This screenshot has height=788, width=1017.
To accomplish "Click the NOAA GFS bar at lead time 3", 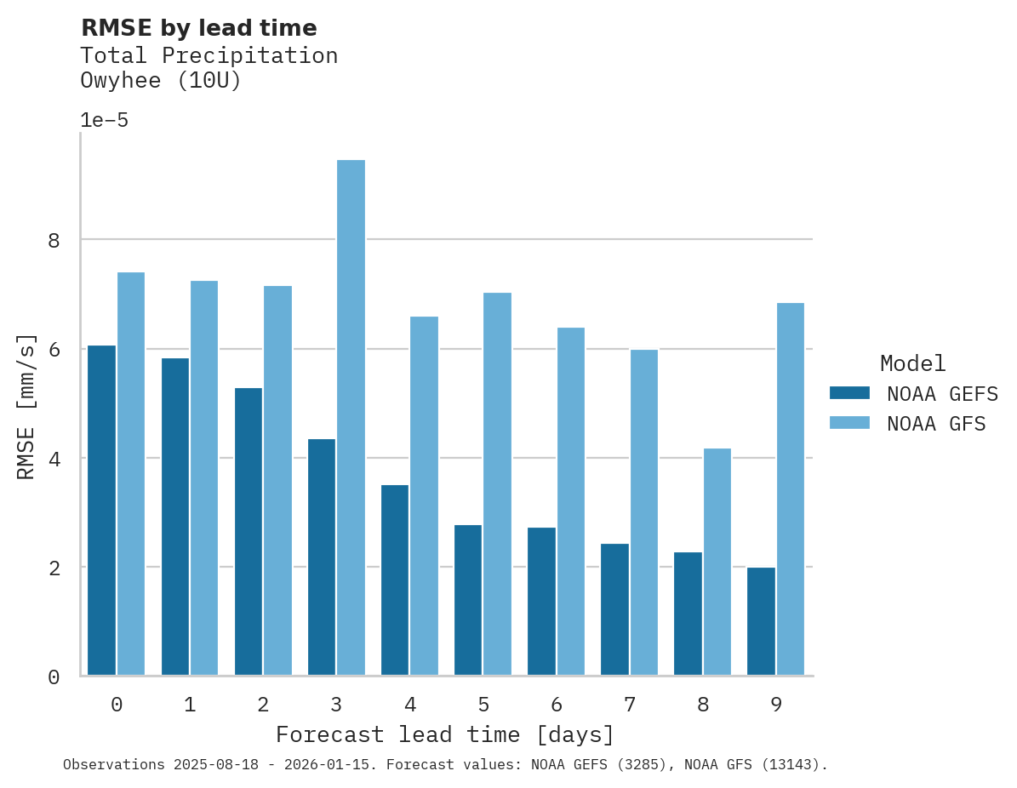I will (351, 417).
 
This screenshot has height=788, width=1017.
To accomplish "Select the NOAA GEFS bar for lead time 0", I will (101, 511).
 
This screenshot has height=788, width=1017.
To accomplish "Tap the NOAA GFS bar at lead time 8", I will (717, 562).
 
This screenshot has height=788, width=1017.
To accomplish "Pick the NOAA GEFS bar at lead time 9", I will (761, 621).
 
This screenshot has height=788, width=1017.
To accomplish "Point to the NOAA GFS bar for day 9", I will (791, 489).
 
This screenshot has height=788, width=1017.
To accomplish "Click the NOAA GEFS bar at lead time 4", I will (395, 580).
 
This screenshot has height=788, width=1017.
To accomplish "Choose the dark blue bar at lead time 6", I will (541, 602).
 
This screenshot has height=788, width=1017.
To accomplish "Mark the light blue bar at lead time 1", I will (204, 478).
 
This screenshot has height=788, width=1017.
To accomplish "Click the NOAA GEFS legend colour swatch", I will (849, 393).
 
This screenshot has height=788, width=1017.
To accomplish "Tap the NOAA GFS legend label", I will (936, 424).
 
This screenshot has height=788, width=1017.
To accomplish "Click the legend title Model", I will (912, 364).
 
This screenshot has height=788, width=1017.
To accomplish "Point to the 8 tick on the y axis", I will (54, 241).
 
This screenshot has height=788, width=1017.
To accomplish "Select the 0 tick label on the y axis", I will (54, 677).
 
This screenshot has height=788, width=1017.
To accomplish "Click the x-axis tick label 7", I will (630, 705).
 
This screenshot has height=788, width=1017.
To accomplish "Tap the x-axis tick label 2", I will (263, 705).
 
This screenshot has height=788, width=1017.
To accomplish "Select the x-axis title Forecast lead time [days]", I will (444, 734).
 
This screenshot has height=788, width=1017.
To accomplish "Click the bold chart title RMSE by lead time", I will (198, 28).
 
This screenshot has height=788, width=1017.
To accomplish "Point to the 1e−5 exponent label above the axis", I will (104, 121).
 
